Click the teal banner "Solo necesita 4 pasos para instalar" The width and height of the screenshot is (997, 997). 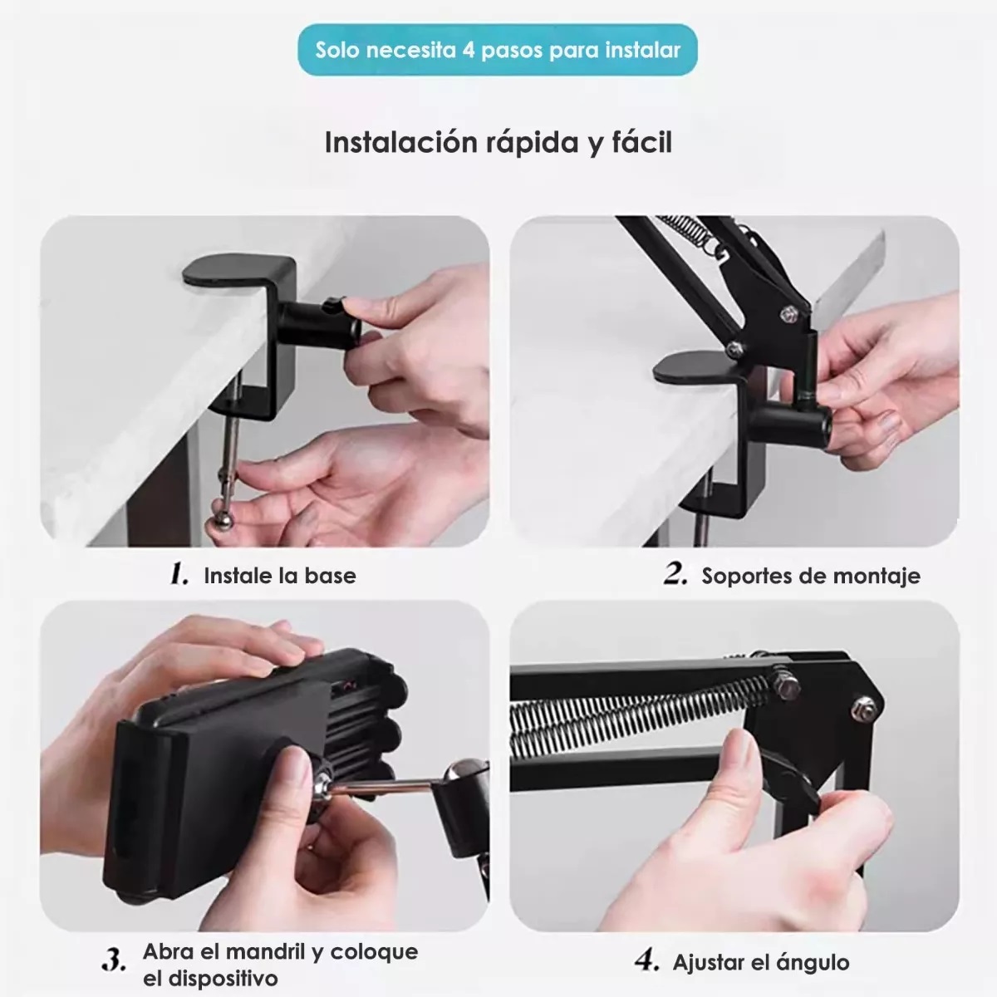(498, 50)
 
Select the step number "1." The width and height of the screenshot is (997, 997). (179, 574)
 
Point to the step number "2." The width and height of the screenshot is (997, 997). (675, 574)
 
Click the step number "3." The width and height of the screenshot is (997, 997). (114, 960)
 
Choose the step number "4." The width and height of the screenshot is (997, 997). (646, 961)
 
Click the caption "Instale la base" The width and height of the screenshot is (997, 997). (280, 576)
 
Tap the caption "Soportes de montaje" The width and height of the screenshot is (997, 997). (811, 576)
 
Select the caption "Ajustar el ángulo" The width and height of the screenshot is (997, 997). (761, 963)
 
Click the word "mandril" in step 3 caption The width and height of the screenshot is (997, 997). (264, 951)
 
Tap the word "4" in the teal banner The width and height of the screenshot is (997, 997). (469, 50)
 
